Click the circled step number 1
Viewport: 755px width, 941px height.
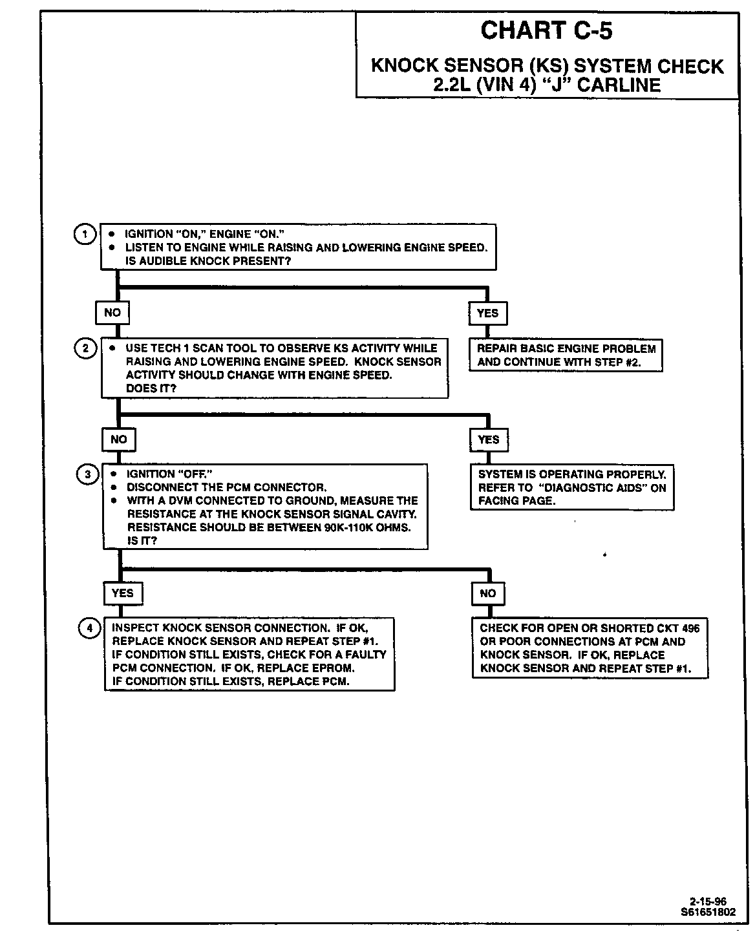tap(84, 233)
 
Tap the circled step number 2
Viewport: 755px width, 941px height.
tap(86, 348)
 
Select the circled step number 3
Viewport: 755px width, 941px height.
tap(87, 474)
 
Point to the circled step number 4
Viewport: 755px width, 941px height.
tap(89, 628)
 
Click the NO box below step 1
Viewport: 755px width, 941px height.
tap(112, 313)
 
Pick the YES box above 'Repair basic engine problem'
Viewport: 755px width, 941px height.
tap(487, 313)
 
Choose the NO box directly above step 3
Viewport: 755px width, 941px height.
tap(119, 439)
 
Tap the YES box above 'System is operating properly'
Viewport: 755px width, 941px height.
tap(489, 439)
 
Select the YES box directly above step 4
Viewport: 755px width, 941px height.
tap(122, 593)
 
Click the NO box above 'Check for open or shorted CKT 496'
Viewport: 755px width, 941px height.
tap(488, 593)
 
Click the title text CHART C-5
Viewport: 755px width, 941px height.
tap(546, 30)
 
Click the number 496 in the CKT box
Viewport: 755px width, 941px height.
tap(690, 628)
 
